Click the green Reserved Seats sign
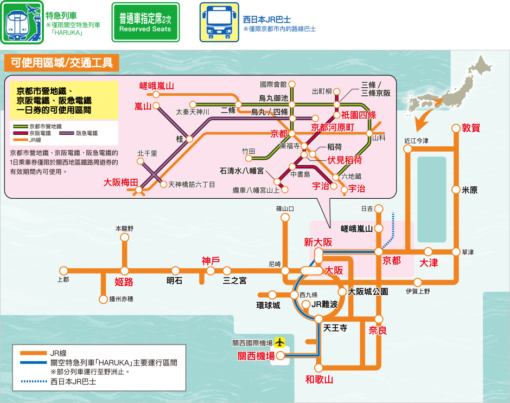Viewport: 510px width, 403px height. coord(145,22)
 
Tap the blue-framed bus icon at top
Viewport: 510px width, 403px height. coord(219,22)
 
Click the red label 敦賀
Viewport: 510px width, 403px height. coord(471,128)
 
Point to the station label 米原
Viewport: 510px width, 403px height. coord(469,190)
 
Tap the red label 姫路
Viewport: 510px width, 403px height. coord(124,282)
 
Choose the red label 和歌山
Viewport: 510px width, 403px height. coord(319,380)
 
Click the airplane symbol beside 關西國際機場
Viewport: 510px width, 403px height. coord(279,342)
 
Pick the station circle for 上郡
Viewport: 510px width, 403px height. coord(64,271)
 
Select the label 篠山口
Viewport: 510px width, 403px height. coord(285,208)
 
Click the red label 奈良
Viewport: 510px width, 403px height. coord(378,330)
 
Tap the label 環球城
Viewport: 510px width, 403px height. coord(269,305)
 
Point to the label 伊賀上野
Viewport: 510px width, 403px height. coord(418,291)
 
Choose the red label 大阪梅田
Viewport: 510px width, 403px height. coord(121,183)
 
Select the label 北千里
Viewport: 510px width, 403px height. coord(147,153)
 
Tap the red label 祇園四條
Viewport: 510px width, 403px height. coord(359,115)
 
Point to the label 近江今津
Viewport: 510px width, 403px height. coord(416,141)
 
